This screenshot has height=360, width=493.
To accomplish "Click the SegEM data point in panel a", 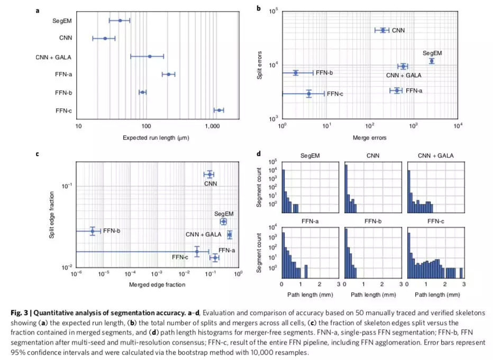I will point(121,21).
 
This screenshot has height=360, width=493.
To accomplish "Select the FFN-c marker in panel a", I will point(218,110).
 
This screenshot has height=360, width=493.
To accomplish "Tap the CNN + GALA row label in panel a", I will point(54,57).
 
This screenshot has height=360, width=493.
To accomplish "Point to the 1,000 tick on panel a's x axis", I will point(213,127).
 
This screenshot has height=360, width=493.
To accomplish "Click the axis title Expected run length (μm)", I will point(156,138).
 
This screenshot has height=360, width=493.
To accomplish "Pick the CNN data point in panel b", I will point(382,30).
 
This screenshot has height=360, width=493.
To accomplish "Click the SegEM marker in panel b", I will point(432,61).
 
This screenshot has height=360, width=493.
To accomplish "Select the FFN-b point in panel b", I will point(296,72).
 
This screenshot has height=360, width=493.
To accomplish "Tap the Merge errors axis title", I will point(369,138).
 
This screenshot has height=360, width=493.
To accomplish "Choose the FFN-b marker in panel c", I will point(93,231).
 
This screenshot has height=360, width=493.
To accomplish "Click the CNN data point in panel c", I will point(210,174).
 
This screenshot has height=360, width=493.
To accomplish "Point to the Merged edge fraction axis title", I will point(157,285).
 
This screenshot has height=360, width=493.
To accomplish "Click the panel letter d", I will point(258,154).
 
